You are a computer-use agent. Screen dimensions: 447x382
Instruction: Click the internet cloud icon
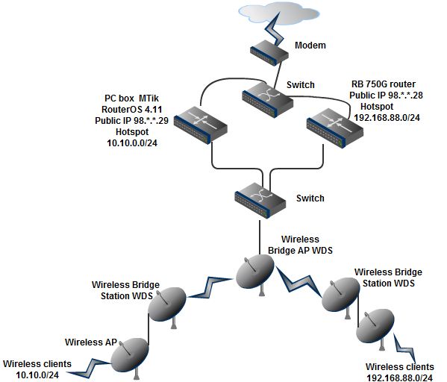(x=279, y=13)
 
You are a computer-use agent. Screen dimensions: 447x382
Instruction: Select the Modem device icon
(x=269, y=53)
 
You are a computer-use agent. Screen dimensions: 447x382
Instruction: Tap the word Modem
(x=310, y=45)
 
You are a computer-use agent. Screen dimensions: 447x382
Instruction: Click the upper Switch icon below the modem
(x=267, y=100)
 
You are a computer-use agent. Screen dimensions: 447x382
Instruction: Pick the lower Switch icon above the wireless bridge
(x=260, y=201)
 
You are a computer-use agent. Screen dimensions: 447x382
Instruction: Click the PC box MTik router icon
(x=201, y=125)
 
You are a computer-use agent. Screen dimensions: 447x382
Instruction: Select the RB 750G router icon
(x=334, y=128)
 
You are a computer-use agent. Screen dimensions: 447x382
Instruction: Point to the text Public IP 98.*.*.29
(x=131, y=121)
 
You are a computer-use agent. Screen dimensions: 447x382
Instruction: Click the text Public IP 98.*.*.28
(x=386, y=95)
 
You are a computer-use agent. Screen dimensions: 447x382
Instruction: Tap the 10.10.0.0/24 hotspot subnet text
(x=132, y=143)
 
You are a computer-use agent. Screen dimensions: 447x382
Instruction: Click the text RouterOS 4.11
(x=131, y=110)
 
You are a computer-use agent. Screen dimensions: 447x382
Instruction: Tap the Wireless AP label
(x=91, y=342)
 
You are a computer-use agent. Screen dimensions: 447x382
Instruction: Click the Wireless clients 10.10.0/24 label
(x=37, y=369)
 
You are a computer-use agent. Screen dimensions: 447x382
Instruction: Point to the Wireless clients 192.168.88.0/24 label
(x=400, y=372)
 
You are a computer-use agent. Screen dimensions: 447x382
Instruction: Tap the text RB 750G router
(x=384, y=84)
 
